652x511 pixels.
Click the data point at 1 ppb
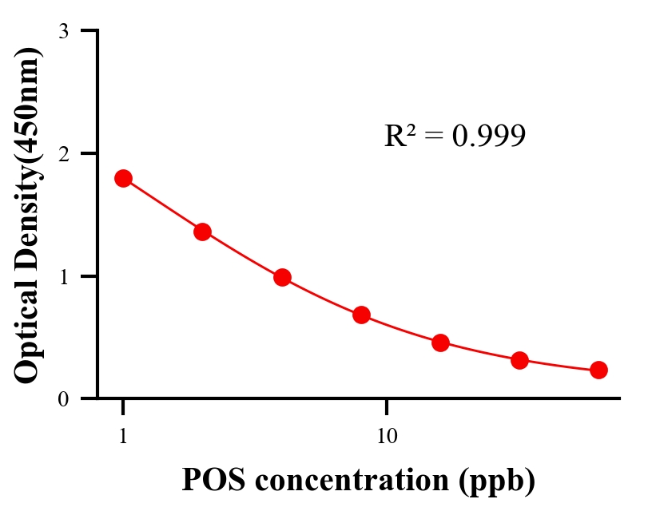[123, 178]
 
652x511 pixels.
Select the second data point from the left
[202, 232]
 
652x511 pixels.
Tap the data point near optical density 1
[282, 278]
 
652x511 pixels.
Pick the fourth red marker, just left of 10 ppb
[361, 315]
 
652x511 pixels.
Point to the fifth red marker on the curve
[440, 343]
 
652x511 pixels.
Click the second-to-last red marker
[519, 360]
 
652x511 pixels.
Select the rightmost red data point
[598, 370]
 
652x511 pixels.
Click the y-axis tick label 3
[64, 32]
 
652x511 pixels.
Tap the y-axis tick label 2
[64, 154]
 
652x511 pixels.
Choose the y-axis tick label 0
[64, 399]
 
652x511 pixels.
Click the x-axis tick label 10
[387, 437]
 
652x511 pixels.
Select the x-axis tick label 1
[123, 437]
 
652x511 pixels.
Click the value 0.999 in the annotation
[488, 136]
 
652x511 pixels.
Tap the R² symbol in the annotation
[399, 136]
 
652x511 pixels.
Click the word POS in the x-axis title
[210, 480]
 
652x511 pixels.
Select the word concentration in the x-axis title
[348, 480]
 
